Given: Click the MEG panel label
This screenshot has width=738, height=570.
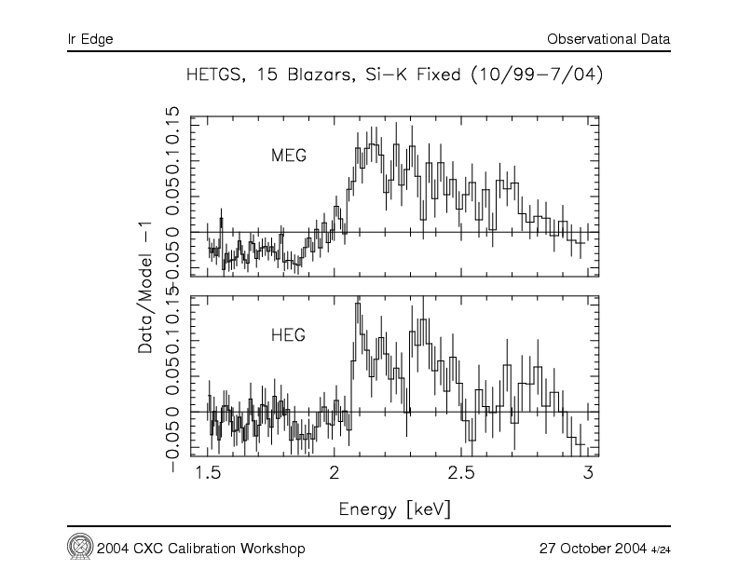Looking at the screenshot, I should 288,156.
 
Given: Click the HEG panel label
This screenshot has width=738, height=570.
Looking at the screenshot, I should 288,332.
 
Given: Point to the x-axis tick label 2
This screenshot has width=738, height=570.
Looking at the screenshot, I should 335,475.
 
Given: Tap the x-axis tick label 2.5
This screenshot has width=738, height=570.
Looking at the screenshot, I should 461,475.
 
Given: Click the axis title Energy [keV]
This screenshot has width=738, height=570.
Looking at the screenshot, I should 396,509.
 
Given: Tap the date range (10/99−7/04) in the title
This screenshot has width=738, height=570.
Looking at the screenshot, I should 534,75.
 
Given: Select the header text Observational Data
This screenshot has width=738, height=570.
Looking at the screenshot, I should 608,39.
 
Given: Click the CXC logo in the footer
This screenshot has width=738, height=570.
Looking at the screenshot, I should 78,546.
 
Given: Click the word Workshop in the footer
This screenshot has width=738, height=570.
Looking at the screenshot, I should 275,547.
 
